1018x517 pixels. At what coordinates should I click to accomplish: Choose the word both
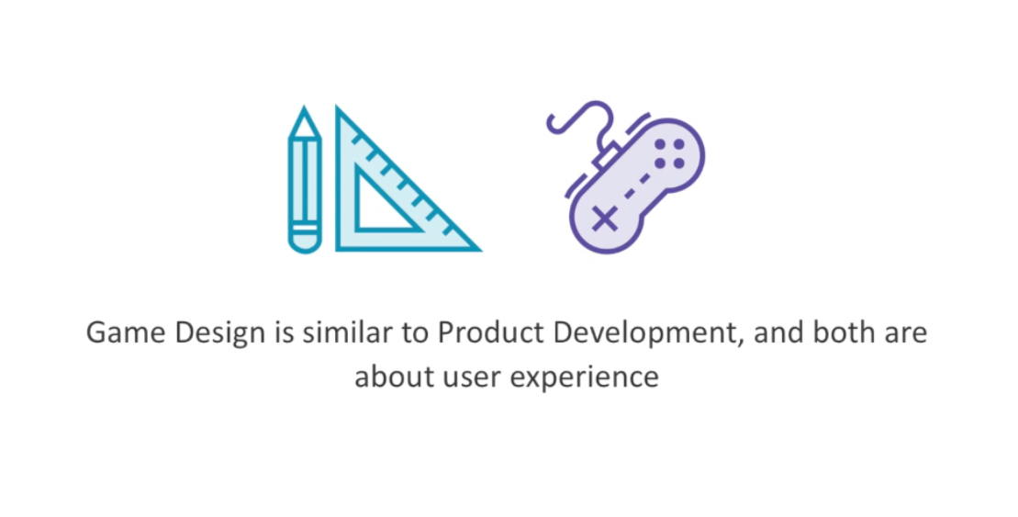coord(844,332)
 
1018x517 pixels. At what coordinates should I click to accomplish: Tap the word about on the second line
coord(394,377)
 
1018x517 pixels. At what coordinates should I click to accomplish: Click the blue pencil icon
coord(305,179)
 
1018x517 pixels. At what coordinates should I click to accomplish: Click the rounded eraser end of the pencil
coord(305,243)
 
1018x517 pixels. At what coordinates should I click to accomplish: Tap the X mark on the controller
coord(605,219)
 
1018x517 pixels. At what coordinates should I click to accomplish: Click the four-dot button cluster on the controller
coord(669,154)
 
